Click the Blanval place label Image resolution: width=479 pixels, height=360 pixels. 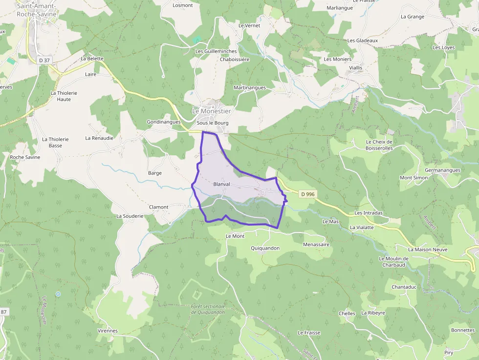point(221,184)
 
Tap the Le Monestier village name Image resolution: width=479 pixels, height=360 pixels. point(211,111)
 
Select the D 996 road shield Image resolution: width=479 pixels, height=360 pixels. point(308,194)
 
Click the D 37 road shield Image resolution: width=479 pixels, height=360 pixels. point(44,60)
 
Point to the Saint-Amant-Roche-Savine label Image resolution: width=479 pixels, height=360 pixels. point(37,10)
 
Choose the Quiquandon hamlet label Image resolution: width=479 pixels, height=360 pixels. point(265,248)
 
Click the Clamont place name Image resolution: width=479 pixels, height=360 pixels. point(158,207)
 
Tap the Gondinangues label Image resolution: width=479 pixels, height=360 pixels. point(164,122)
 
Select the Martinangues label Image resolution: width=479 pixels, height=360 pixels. point(250,88)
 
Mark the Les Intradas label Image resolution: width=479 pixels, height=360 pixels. point(369,213)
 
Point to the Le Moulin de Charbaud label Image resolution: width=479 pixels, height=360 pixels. point(393,262)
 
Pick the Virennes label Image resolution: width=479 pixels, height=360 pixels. point(108,331)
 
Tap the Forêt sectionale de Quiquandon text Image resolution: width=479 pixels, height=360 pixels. point(208,309)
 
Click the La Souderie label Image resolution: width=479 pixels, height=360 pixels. point(130,216)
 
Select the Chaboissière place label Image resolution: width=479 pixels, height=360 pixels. point(235,60)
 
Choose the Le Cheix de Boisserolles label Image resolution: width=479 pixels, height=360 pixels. point(379,145)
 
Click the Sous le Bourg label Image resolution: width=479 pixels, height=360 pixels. point(213,123)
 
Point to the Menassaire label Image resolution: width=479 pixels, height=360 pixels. point(316,244)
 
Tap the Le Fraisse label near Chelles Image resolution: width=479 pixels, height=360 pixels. point(309,333)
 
